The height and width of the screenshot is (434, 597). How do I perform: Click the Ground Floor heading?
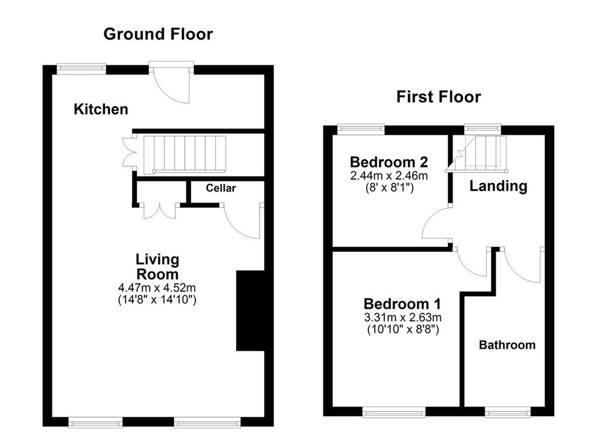click(158, 34)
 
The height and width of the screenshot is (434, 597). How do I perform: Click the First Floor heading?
click(438, 97)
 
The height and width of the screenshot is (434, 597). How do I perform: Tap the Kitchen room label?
click(101, 109)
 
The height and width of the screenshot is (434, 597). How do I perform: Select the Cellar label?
click(221, 188)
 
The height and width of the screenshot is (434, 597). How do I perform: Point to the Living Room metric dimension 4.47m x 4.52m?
click(157, 287)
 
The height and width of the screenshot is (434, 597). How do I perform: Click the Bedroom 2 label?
click(389, 162)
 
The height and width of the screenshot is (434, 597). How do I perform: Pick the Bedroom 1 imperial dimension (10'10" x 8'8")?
click(403, 329)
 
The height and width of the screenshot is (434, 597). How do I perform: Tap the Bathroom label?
click(507, 345)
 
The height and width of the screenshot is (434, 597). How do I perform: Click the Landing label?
click(498, 186)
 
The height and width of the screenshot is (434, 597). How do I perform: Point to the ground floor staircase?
click(185, 155)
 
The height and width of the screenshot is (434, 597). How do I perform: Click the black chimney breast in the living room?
click(250, 310)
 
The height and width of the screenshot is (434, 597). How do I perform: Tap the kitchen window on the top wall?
click(81, 68)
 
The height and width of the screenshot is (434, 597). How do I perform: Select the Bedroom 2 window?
click(361, 129)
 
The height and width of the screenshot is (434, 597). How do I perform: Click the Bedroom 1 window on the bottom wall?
click(394, 411)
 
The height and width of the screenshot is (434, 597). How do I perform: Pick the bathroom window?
click(508, 411)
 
